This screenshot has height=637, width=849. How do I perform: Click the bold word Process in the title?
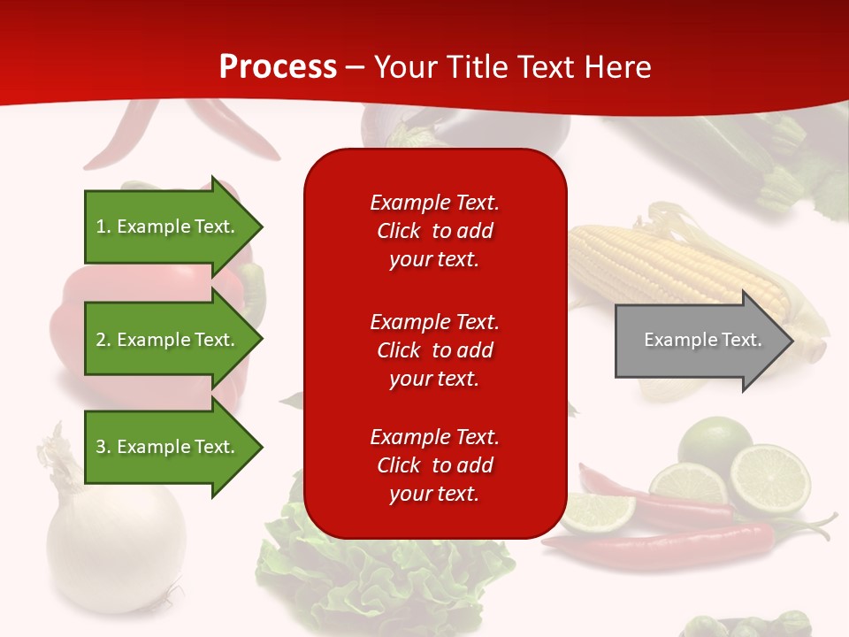(x=278, y=67)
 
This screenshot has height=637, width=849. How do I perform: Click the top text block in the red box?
(x=434, y=231)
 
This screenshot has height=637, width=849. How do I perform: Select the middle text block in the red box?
(x=434, y=349)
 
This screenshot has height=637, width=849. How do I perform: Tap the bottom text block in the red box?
(x=434, y=465)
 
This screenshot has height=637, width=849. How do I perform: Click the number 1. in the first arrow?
(x=103, y=226)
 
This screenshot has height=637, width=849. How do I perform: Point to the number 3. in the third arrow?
(x=103, y=447)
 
